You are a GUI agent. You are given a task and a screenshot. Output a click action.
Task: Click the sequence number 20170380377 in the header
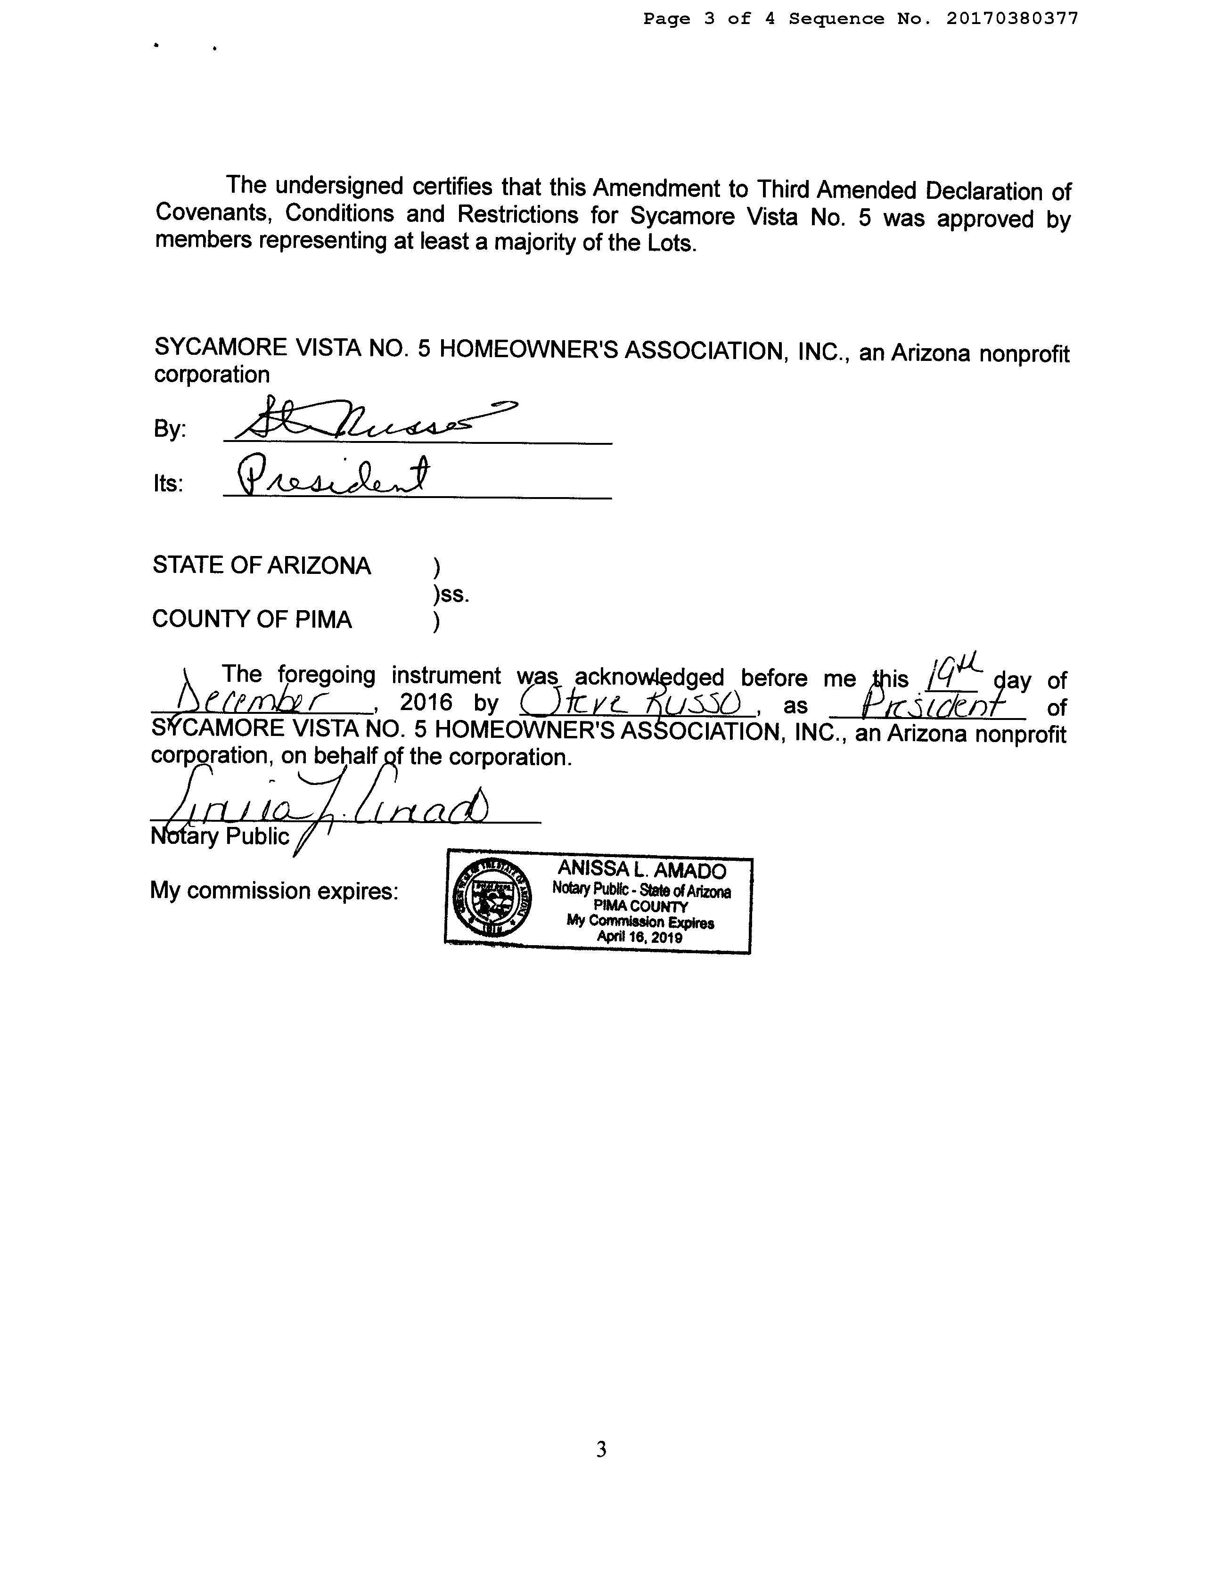click(x=1012, y=19)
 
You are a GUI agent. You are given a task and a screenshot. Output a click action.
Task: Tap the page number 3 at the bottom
click(x=601, y=1449)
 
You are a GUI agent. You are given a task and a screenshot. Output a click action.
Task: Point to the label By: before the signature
click(x=170, y=429)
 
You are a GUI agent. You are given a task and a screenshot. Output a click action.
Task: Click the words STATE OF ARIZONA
click(x=262, y=566)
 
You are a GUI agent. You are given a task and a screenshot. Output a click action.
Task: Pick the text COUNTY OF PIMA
click(x=252, y=619)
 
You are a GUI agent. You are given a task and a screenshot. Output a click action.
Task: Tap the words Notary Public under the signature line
click(x=220, y=836)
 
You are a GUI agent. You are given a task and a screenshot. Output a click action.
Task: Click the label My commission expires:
click(x=274, y=891)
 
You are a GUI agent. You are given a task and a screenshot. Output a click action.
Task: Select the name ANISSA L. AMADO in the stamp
click(x=642, y=871)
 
